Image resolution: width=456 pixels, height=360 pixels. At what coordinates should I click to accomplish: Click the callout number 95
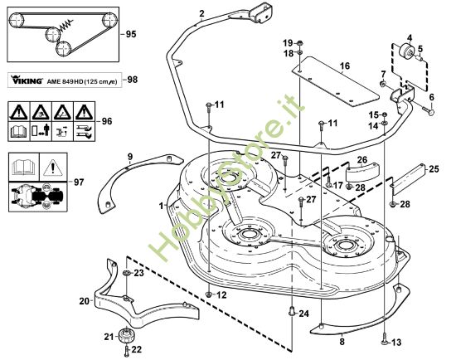click(x=130, y=34)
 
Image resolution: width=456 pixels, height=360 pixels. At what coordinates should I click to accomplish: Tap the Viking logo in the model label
click(x=27, y=80)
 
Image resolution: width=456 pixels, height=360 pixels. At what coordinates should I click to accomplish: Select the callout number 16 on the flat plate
click(x=345, y=66)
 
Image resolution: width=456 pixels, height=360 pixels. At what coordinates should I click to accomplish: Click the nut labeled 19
click(x=300, y=43)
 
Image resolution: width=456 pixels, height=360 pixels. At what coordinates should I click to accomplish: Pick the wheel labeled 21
click(x=127, y=336)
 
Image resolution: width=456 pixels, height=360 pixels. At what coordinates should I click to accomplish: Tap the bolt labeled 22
click(x=127, y=350)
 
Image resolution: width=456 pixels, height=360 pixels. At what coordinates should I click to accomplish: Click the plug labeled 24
click(x=292, y=311)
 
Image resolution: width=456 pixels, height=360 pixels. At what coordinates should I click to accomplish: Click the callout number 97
click(x=79, y=182)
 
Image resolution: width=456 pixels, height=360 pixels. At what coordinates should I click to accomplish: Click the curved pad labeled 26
click(x=361, y=172)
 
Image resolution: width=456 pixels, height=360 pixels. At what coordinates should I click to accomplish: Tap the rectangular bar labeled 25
click(x=407, y=181)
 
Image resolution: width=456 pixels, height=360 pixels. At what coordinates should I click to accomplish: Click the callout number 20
click(x=85, y=300)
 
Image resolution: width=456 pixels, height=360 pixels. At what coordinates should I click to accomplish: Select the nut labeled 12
click(x=209, y=294)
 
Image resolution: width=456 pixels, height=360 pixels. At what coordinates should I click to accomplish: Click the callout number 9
click(x=130, y=157)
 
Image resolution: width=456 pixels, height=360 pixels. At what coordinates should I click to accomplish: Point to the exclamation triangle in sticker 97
click(x=53, y=168)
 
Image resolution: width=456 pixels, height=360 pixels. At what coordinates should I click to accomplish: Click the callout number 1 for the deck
click(x=161, y=206)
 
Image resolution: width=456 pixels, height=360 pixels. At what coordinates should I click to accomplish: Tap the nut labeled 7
click(x=384, y=85)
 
